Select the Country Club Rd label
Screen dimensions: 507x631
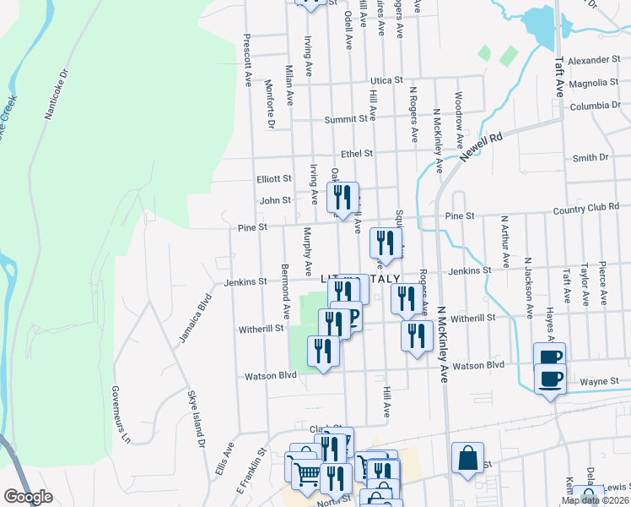point(591,208)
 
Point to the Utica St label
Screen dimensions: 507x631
point(387,79)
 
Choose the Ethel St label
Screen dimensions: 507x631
point(357,154)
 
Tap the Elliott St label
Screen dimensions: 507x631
point(274,179)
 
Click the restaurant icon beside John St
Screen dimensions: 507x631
point(342,199)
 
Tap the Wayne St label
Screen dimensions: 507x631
point(599,382)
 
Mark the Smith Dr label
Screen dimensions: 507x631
point(591,158)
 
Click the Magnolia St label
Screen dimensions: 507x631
point(594,83)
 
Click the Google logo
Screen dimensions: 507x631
point(28,497)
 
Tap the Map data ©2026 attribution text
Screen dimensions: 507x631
point(595,500)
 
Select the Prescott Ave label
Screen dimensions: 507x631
point(248,60)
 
